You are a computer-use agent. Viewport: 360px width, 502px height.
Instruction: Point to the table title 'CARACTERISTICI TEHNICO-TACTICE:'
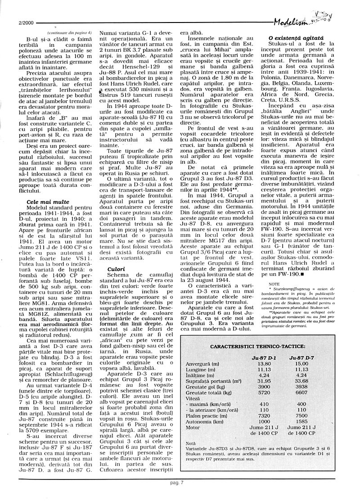[x=257, y=347]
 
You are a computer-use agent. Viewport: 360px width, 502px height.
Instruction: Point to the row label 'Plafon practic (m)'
[x=202, y=416]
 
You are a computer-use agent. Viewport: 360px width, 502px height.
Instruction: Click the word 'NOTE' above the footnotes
[x=274, y=284]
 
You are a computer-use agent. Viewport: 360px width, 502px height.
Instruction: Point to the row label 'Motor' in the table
[x=192, y=427]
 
